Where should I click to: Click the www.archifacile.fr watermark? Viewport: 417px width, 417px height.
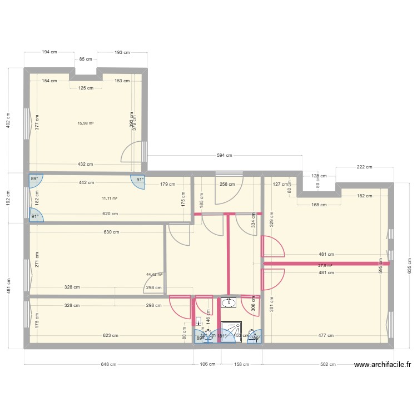tap(382, 365)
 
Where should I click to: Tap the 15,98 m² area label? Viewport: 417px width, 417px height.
tap(86, 123)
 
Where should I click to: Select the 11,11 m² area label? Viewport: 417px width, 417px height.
tap(110, 198)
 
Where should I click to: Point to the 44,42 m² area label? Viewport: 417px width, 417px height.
tap(154, 274)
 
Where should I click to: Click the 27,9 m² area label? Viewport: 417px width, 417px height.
tap(325, 266)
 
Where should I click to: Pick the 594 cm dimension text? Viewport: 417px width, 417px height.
tap(225, 156)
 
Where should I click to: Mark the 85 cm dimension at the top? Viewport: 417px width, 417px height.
tap(86, 59)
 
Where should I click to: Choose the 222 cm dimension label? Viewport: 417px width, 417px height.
tap(365, 167)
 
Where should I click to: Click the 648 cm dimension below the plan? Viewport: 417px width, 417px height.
tap(108, 365)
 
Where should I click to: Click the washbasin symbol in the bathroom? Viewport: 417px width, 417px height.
tap(228, 302)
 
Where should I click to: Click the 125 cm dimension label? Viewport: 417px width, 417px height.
tap(86, 88)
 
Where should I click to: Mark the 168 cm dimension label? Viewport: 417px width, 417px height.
tap(319, 205)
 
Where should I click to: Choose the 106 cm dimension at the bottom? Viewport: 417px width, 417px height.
tap(207, 365)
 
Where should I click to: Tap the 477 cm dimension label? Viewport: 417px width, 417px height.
tap(326, 335)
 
